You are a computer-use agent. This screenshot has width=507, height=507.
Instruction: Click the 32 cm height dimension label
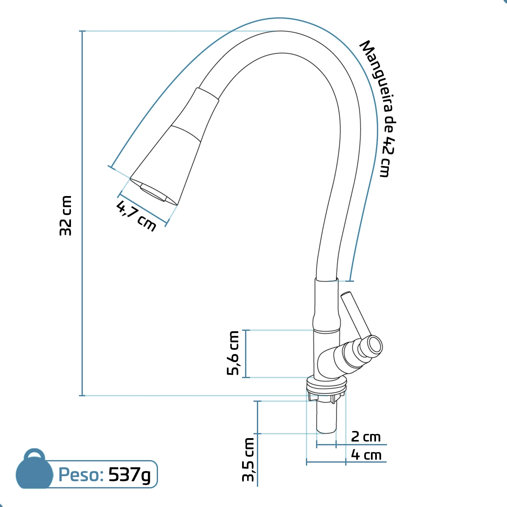[65, 216]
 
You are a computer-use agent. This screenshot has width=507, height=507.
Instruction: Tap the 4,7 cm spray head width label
[136, 216]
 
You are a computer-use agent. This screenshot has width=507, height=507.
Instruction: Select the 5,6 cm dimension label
[233, 353]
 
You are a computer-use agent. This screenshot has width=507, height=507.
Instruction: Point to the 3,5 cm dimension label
[248, 460]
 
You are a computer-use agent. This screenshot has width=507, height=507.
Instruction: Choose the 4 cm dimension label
[366, 455]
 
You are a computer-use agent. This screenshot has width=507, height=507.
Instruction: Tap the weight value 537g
[129, 475]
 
